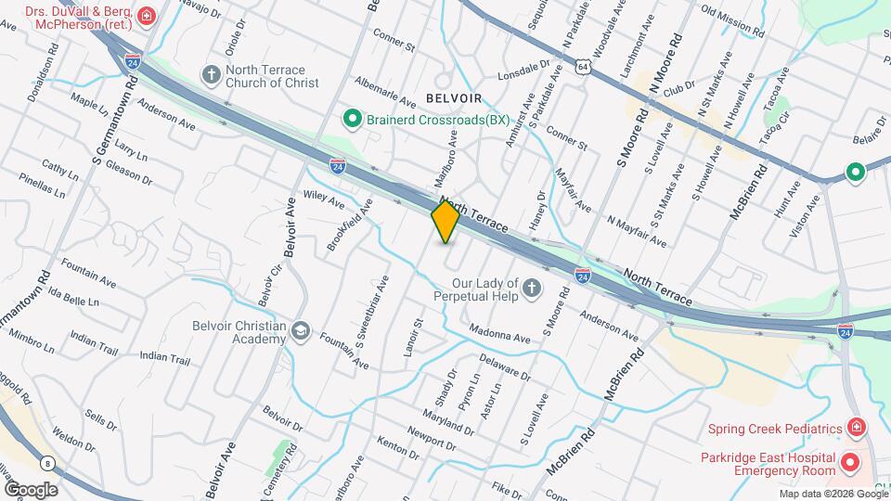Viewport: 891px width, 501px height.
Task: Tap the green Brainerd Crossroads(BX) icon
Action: click(x=353, y=119)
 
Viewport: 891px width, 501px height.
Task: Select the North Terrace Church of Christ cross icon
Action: click(x=212, y=74)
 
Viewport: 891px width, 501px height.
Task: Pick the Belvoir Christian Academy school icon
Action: click(x=301, y=331)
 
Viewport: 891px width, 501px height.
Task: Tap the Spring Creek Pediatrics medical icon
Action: click(x=857, y=429)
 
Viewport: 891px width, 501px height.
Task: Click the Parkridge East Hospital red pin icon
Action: click(x=849, y=461)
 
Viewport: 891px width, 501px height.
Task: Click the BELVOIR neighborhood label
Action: click(x=454, y=96)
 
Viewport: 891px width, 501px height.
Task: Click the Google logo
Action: click(x=30, y=490)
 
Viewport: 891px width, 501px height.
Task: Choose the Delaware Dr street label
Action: click(x=505, y=367)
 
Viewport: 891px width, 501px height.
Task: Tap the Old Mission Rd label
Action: click(x=733, y=21)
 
